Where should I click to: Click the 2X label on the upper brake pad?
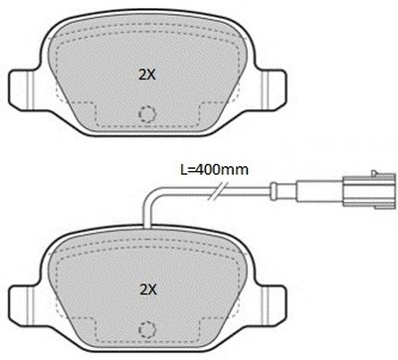pos(147,76)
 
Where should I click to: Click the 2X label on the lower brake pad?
pos(148,290)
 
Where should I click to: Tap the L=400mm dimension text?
pos(214,170)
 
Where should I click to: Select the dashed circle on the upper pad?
pos(147,114)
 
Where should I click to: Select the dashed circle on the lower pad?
pos(147,329)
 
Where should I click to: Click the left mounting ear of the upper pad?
pos(21,89)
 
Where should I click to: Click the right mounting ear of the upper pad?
pos(273,89)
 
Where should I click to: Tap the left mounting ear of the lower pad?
pos(21,305)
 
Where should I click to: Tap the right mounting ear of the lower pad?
pos(273,305)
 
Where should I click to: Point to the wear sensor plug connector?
pos(369,192)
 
